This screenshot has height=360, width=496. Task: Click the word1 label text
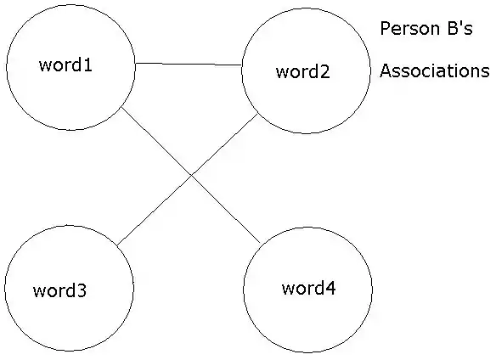coord(65,65)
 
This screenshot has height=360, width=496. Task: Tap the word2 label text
coord(303,71)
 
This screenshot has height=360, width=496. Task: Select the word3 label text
coord(59,290)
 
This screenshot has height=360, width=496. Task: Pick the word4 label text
coord(309,288)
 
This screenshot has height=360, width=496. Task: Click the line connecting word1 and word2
coord(189,65)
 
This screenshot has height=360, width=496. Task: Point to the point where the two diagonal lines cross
coord(191,175)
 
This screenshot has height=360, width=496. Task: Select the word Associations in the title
coord(434,70)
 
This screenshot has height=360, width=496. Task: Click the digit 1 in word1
coord(87,65)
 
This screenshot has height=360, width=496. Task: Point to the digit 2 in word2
coord(325,71)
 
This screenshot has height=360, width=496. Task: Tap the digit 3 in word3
coord(82,290)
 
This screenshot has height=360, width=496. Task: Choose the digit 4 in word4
coord(330,288)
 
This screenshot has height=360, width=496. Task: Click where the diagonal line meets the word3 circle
coord(117,245)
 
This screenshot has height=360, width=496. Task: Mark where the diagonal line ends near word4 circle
coord(260,243)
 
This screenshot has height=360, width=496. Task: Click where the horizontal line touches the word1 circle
coord(135,63)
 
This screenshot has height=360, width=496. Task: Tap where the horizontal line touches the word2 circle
coord(242,65)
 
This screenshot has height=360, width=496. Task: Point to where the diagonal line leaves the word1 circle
coord(121,108)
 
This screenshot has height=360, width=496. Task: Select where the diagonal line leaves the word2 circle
coord(258,114)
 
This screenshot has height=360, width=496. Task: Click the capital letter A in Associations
coord(386,70)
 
